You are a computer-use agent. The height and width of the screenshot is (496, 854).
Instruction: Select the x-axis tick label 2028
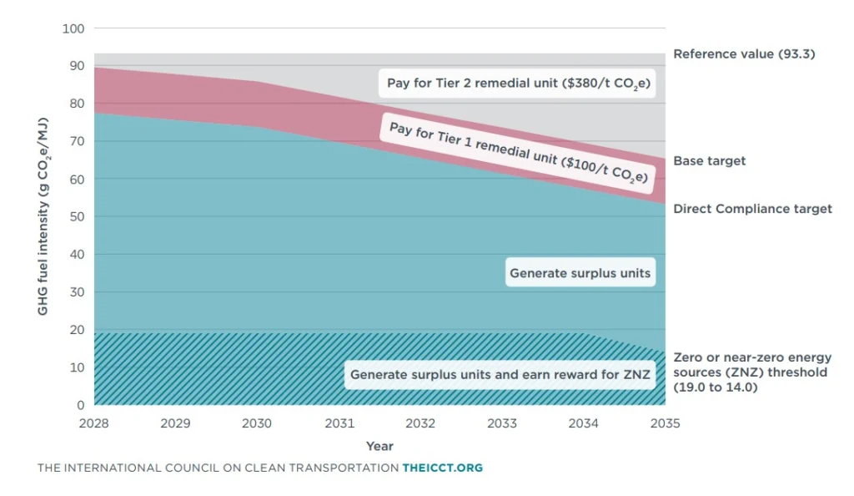tap(94, 423)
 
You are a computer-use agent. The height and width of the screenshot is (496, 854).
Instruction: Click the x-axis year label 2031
tap(339, 423)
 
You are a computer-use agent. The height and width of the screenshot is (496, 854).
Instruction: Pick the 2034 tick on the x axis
tap(584, 423)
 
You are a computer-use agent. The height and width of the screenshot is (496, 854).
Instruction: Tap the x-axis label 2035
tap(665, 423)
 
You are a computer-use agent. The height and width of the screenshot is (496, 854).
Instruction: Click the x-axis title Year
tap(379, 446)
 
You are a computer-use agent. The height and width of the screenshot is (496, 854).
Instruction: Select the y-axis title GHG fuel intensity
tap(43, 217)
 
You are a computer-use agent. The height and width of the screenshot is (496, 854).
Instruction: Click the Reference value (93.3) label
tap(743, 54)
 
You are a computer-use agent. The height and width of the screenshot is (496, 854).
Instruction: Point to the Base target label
tap(710, 160)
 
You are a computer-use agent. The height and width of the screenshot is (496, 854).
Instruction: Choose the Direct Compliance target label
tap(752, 209)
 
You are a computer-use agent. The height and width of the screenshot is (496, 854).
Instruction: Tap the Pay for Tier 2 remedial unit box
tap(518, 84)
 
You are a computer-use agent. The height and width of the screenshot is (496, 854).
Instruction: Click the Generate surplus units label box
tap(580, 273)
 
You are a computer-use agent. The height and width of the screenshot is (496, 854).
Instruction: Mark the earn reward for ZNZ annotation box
tap(499, 375)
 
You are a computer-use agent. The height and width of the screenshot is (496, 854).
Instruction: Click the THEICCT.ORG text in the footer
tap(442, 468)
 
